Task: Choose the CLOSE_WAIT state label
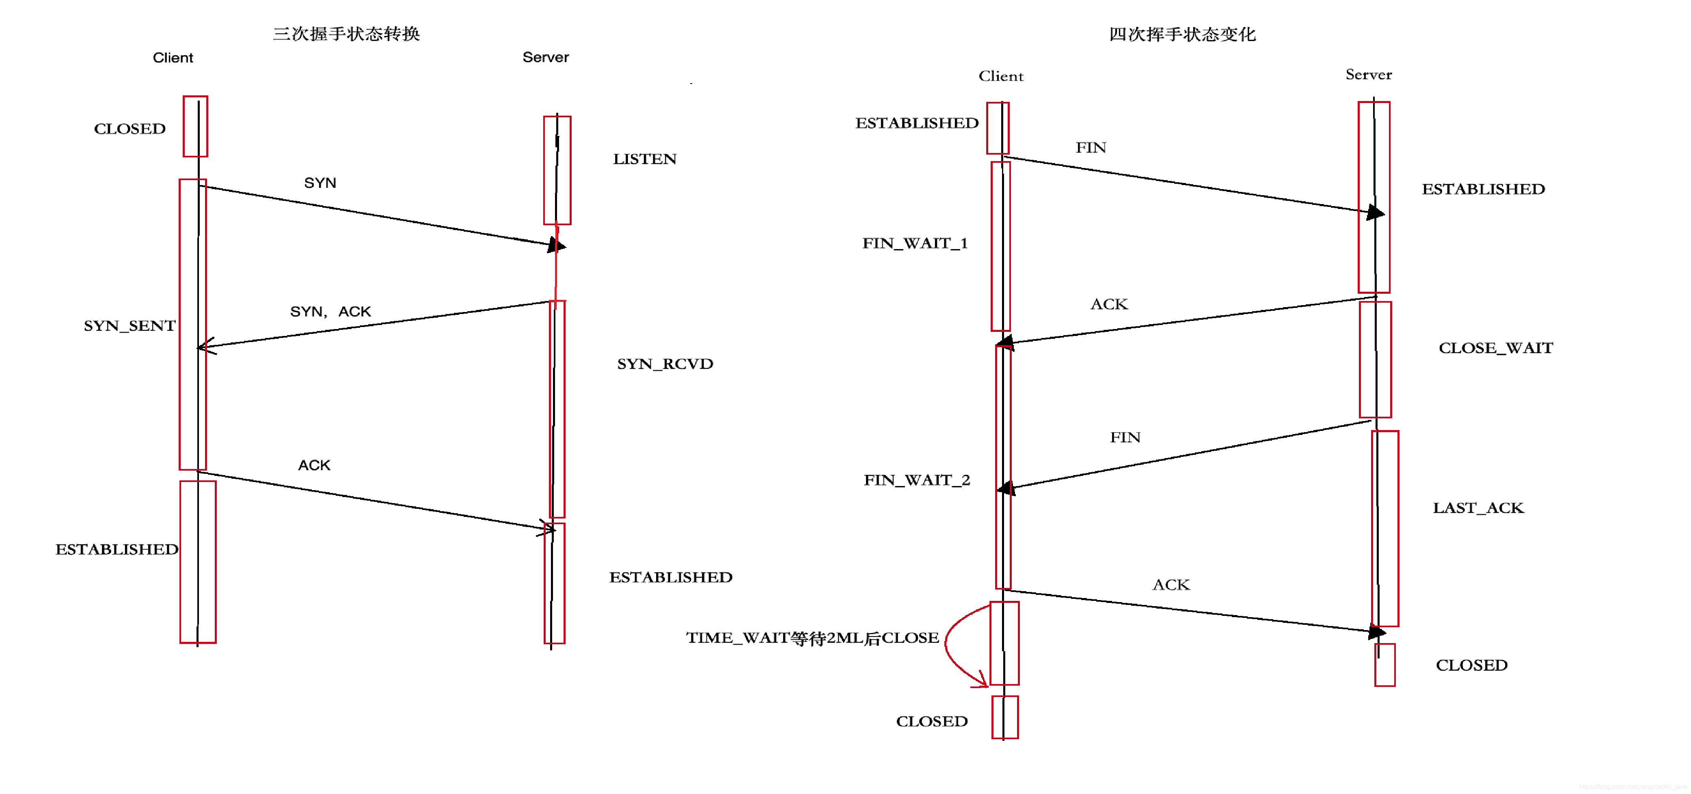1495,348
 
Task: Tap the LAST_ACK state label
1478,507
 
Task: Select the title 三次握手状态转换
346,33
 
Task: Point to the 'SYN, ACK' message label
330,311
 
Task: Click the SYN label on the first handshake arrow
320,183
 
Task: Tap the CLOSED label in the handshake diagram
130,129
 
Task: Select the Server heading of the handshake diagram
546,57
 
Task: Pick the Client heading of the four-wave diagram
1000,76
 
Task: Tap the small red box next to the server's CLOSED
1384,665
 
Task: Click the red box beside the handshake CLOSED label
195,126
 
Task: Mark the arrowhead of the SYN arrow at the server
557,245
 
